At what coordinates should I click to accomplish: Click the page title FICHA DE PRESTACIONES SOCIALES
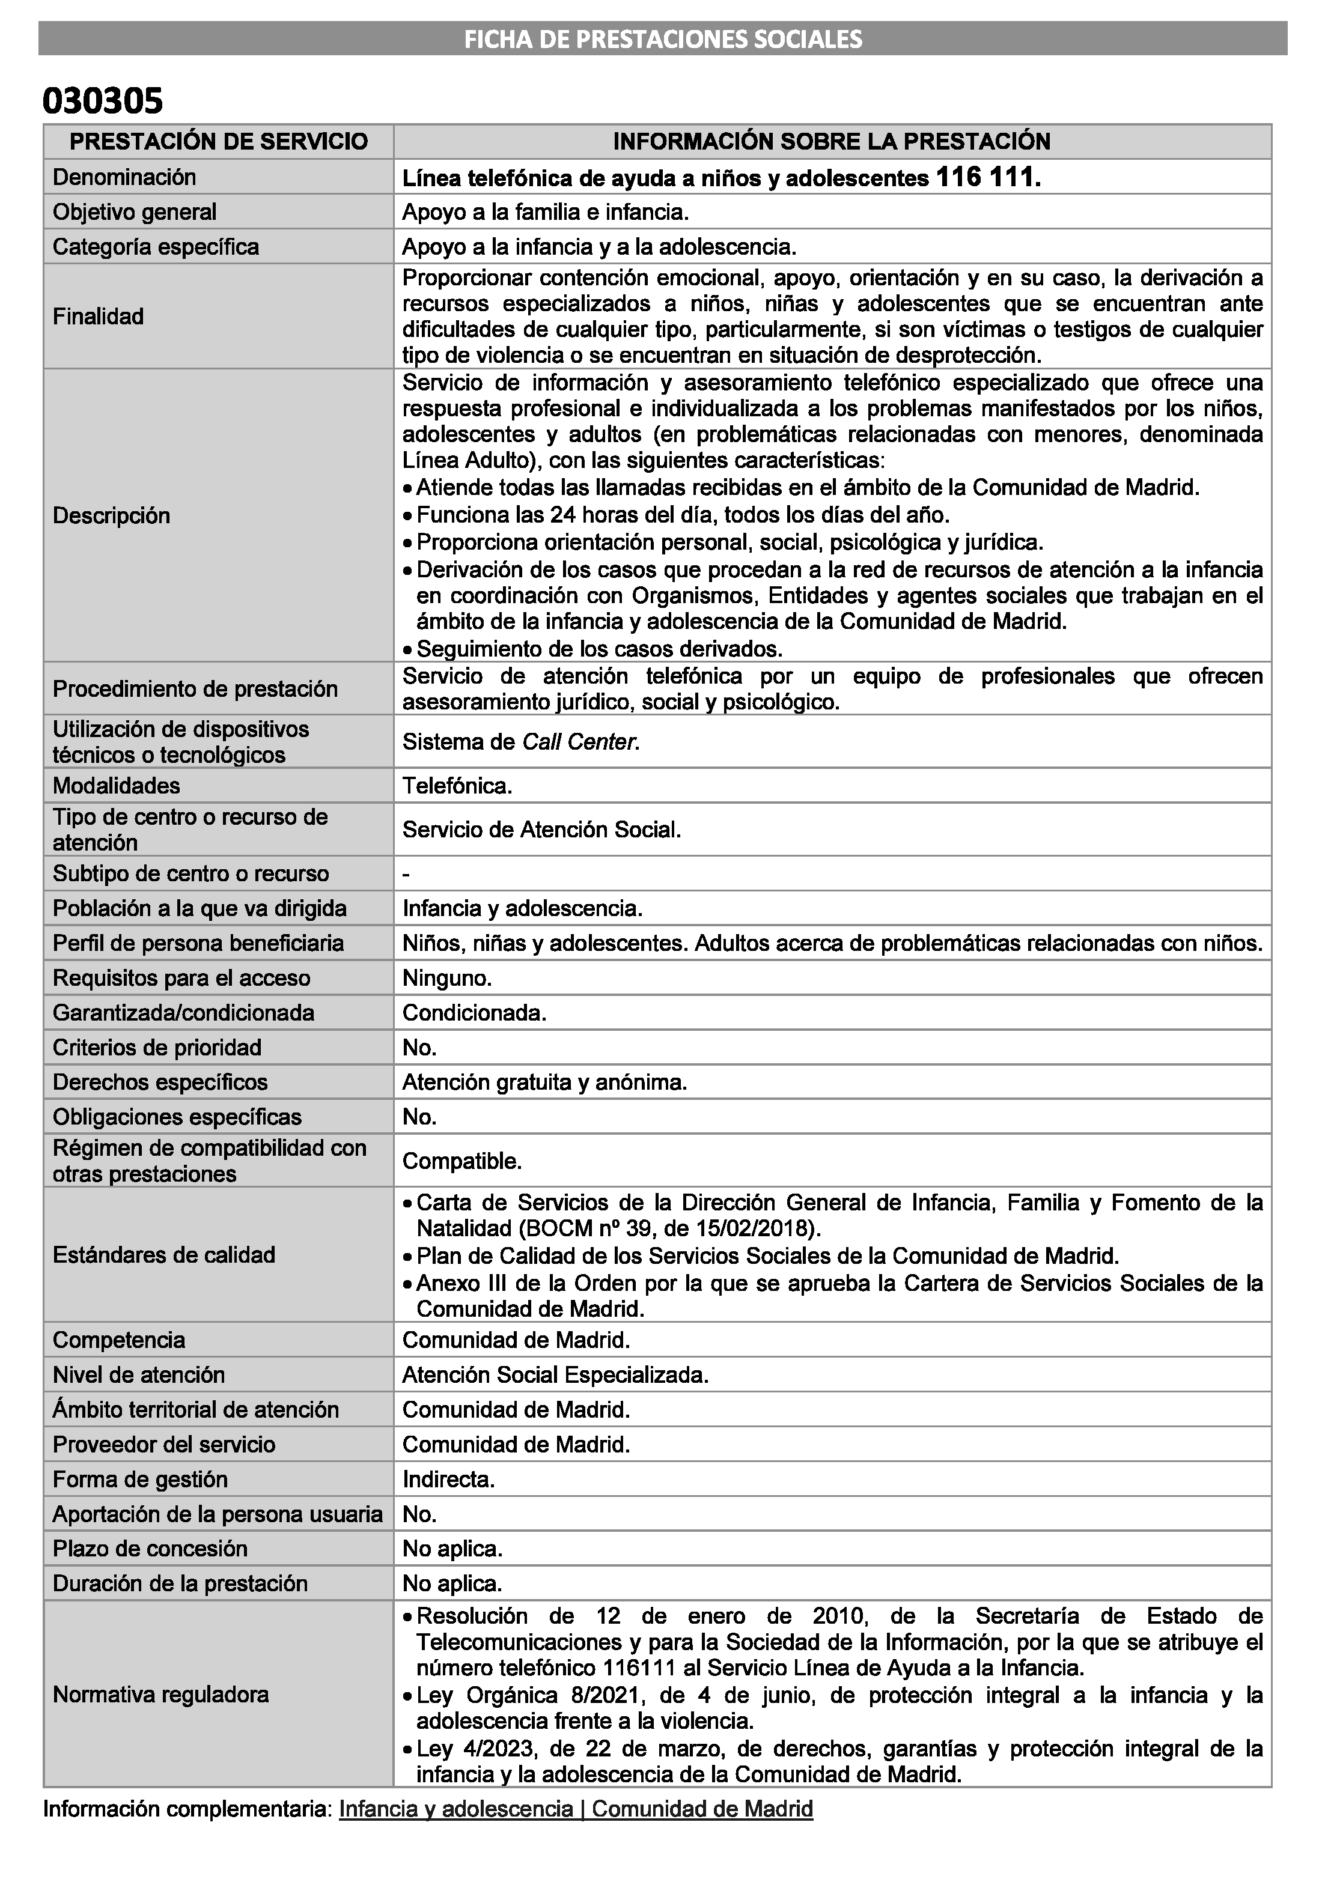[x=662, y=38]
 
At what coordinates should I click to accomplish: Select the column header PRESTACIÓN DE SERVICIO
[x=218, y=142]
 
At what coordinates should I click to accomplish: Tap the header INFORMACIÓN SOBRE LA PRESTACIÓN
[x=831, y=142]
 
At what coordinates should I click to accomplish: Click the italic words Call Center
[x=580, y=742]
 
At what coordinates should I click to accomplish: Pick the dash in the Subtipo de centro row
[x=406, y=874]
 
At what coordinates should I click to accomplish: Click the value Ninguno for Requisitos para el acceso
[x=446, y=979]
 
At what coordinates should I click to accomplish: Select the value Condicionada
[x=474, y=1013]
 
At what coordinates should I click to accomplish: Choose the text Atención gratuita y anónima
[x=544, y=1082]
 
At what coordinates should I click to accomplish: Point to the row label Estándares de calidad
[x=164, y=1255]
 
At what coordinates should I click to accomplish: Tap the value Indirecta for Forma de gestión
[x=448, y=1480]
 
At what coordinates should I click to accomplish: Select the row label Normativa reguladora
[x=160, y=1695]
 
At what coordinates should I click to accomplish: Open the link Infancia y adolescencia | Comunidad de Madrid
[x=576, y=1809]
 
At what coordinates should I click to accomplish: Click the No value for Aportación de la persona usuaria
[x=419, y=1514]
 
